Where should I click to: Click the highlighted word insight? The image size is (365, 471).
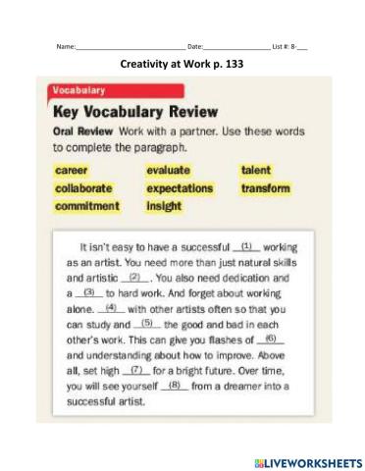[164, 206]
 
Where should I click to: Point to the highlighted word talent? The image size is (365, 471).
[256, 170]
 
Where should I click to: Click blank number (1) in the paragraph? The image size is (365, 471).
[247, 247]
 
